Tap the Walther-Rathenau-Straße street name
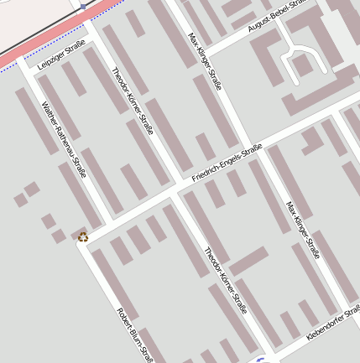[65, 140]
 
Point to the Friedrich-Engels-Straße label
[227, 163]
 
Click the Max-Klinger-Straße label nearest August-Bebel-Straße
[203, 63]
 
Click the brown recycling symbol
[83, 236]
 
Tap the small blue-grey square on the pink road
[83, 6]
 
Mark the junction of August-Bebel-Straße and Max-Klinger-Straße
[204, 50]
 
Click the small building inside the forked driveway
[300, 64]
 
